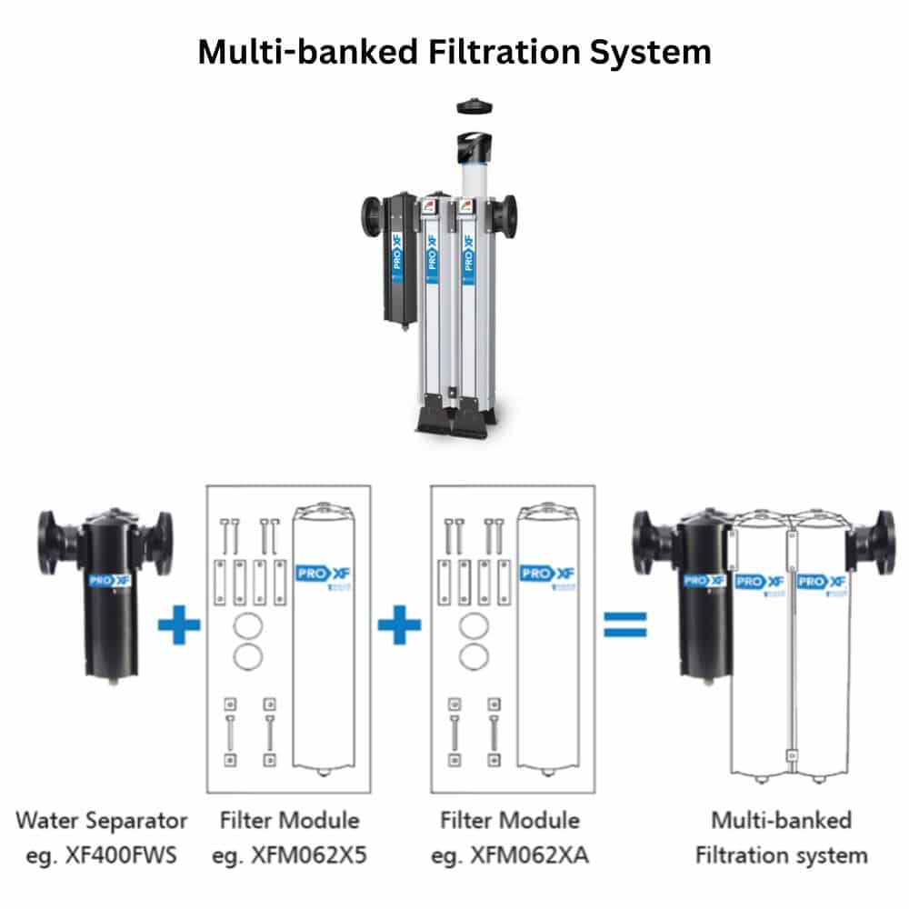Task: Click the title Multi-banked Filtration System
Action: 454,51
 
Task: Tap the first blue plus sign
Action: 179,627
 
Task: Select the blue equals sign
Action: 625,625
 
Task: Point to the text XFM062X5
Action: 289,855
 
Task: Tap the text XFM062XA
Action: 509,855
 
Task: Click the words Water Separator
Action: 101,820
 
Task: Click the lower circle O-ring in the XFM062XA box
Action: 468,655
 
